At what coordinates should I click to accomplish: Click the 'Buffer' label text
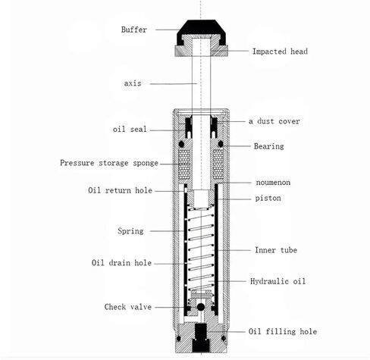(134, 30)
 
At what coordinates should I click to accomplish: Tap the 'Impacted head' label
(280, 52)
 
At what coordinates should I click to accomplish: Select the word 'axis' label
(133, 83)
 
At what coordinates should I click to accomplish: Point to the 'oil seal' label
(130, 129)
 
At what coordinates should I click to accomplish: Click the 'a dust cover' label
(274, 121)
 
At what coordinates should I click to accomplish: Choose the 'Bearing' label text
(269, 146)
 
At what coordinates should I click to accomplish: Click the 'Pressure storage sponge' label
(109, 163)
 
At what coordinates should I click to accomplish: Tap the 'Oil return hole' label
(120, 190)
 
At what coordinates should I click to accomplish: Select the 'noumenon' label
(273, 183)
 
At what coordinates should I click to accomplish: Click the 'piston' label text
(268, 198)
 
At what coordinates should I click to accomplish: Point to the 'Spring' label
(130, 231)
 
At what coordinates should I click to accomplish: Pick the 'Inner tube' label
(276, 250)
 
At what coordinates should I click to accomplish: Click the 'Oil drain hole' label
(121, 263)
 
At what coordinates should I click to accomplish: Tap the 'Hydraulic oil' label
(277, 281)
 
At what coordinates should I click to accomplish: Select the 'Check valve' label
(128, 307)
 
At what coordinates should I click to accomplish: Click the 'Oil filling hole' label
(283, 331)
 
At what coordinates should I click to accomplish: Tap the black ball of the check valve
(201, 307)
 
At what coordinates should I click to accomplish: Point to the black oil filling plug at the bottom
(201, 337)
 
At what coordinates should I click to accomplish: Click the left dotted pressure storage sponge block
(184, 164)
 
